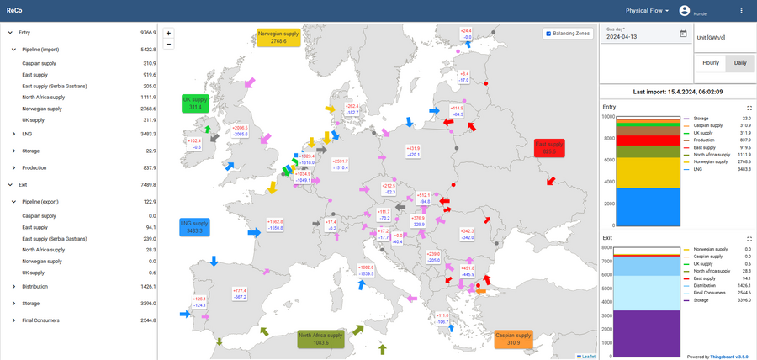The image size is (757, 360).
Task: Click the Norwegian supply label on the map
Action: click(x=278, y=36)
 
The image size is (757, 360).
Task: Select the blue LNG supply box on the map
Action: click(x=194, y=226)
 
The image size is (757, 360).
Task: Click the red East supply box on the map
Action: click(x=549, y=147)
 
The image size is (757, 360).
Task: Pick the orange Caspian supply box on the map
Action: click(x=514, y=339)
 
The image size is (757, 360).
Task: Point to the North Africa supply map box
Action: click(x=320, y=339)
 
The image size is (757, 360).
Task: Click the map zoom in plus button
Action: click(x=168, y=33)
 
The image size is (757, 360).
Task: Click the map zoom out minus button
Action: click(x=168, y=44)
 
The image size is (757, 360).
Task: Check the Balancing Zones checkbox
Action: click(x=549, y=34)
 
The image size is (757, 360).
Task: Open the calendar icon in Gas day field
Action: click(x=683, y=34)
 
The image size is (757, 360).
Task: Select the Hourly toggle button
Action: click(x=711, y=63)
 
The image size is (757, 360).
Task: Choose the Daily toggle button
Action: click(x=740, y=63)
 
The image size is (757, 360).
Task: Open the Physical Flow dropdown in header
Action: click(x=647, y=11)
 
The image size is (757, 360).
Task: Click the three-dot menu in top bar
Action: click(x=741, y=11)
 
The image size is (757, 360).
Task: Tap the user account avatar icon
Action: click(x=685, y=11)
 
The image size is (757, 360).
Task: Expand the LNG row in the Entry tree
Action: click(x=13, y=134)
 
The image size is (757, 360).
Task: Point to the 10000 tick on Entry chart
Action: click(x=608, y=116)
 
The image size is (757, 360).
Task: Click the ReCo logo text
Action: click(x=14, y=11)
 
